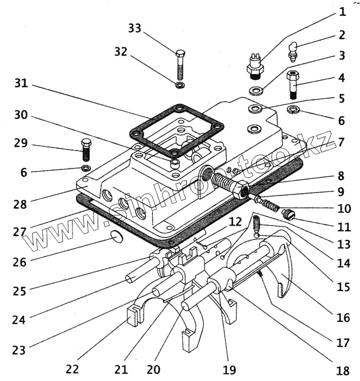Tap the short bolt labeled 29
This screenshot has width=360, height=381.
pyautogui.click(x=86, y=149)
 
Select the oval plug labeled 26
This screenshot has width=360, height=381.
pyautogui.click(x=117, y=237)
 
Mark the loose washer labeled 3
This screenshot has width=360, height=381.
pyautogui.click(x=256, y=92)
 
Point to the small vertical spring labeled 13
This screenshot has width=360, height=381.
pyautogui.click(x=257, y=223)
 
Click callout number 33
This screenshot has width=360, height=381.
pyautogui.click(x=135, y=29)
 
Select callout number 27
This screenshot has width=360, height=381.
pyautogui.click(x=20, y=231)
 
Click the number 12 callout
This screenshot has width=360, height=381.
pyautogui.click(x=236, y=222)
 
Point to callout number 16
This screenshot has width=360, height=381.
pyautogui.click(x=344, y=318)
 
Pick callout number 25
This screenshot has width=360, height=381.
pyautogui.click(x=20, y=291)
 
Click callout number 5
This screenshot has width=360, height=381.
pyautogui.click(x=342, y=98)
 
